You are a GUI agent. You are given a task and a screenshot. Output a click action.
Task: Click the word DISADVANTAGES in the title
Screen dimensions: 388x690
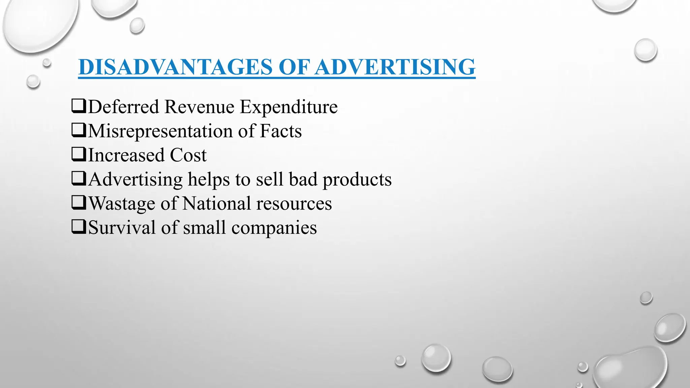point(176,67)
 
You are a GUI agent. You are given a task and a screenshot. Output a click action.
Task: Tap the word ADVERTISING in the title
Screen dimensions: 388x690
point(396,67)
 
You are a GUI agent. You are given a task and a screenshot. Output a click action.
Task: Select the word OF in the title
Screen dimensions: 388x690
point(294,67)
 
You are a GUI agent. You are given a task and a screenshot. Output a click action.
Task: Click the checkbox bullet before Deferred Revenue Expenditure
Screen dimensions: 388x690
point(79,106)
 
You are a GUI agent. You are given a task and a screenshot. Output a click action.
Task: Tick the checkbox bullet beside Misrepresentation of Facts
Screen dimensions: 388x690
point(79,131)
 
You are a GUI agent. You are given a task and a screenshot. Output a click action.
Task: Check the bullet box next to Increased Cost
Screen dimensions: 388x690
point(79,155)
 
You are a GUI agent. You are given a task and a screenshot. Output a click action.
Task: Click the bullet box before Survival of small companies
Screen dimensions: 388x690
point(79,227)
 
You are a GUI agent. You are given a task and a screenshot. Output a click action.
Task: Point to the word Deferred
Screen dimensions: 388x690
point(123,107)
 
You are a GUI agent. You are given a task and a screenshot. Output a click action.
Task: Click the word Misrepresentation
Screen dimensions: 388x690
point(160,131)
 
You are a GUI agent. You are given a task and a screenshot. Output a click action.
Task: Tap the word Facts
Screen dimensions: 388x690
point(281,131)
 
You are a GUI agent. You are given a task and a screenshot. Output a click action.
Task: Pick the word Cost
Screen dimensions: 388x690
point(188,155)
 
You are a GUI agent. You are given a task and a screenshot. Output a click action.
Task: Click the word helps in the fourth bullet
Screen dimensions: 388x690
point(209,179)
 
